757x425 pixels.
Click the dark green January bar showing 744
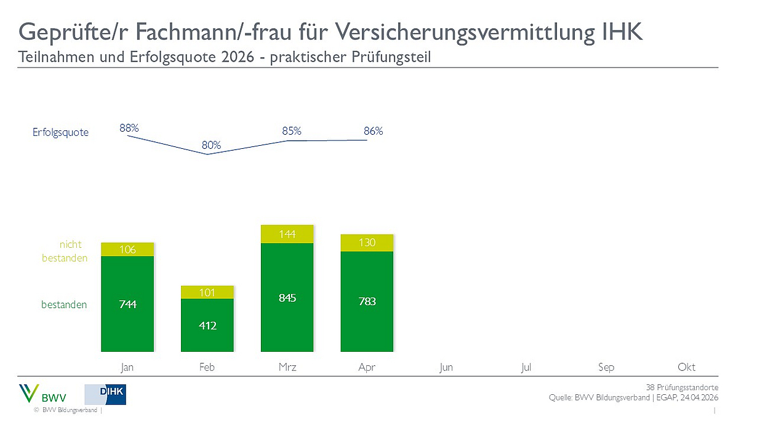[127, 304]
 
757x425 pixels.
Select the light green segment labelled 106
[127, 249]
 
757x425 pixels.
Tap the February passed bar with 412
[207, 325]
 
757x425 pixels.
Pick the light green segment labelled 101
[207, 292]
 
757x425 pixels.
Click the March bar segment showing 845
[287, 298]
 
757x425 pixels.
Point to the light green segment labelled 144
[287, 234]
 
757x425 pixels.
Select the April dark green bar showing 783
[367, 301]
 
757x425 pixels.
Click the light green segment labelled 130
[367, 243]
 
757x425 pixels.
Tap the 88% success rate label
[129, 128]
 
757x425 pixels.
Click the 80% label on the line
[211, 146]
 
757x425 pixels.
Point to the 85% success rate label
[292, 131]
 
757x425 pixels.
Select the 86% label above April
[373, 131]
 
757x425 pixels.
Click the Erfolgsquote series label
[60, 132]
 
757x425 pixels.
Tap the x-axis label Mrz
[287, 367]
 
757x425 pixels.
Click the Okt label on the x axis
[686, 367]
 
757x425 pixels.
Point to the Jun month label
[446, 367]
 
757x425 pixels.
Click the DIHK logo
[105, 394]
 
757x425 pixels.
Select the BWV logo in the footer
[44, 394]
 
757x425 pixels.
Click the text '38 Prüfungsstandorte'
[682, 387]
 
